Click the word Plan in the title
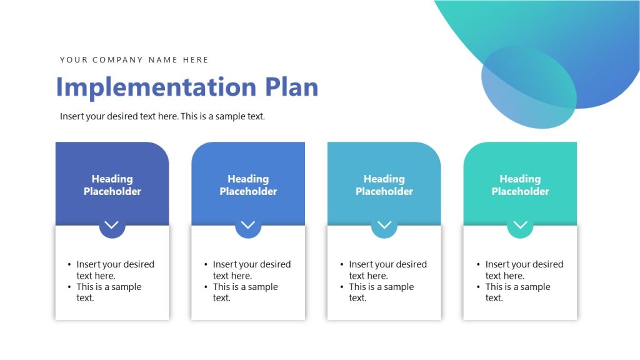point(291,87)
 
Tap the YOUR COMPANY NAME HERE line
point(134,60)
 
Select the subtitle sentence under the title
point(162,116)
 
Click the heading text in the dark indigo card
point(112,185)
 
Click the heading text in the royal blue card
point(248,185)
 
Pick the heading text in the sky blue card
point(384,185)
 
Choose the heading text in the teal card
point(520,185)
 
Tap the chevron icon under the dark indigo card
point(112,225)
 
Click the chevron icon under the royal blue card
point(248,225)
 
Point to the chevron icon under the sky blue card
point(384,225)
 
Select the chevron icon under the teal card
point(520,225)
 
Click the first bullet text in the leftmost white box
point(114,270)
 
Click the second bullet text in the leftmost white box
point(109,292)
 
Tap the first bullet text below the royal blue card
point(251,270)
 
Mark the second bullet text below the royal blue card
point(245,292)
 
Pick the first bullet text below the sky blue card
point(387,270)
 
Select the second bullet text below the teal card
point(517,292)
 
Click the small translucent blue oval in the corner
point(529,87)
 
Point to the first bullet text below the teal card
point(523,270)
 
